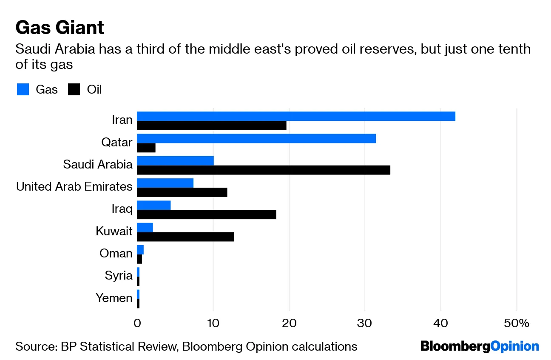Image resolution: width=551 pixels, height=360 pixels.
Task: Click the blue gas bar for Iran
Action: [296, 116]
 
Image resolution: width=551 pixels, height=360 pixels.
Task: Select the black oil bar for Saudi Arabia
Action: [264, 170]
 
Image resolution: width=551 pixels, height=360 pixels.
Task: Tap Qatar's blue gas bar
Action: [256, 138]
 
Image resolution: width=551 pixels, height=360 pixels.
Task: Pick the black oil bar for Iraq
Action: [207, 214]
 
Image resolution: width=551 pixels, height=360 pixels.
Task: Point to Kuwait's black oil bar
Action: [185, 236]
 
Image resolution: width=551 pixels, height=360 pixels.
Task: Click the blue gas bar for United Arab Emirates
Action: [165, 183]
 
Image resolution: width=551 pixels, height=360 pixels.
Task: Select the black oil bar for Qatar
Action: [146, 148]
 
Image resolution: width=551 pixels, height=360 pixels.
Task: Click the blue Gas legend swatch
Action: [23, 90]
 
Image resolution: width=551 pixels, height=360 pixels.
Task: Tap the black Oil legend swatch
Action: [74, 90]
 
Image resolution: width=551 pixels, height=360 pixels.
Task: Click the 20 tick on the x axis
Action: [289, 323]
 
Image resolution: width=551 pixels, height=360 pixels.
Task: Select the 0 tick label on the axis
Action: [137, 323]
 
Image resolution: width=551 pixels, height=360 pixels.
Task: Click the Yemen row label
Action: [114, 298]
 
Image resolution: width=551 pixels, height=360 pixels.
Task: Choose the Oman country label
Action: [116, 254]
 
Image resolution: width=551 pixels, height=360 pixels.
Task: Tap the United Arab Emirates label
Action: [74, 187]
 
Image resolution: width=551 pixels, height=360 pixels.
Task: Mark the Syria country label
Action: [119, 276]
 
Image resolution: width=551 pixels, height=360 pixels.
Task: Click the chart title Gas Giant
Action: [60, 28]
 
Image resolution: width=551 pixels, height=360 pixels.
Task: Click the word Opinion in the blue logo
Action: [514, 346]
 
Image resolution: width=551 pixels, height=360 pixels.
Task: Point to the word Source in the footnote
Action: [34, 346]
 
